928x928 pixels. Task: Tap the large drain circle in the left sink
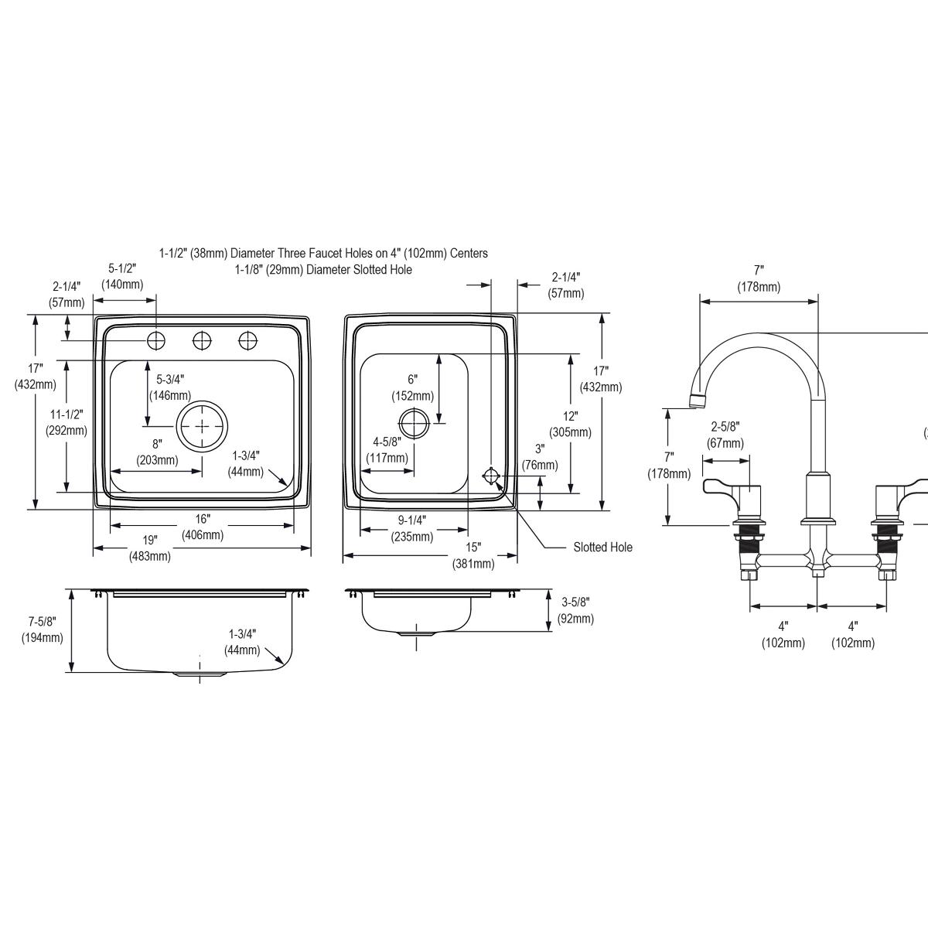203,426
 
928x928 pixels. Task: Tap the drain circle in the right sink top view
414,423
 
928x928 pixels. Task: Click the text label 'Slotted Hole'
602,548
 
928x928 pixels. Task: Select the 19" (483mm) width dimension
149,548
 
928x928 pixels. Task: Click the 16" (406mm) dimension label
203,527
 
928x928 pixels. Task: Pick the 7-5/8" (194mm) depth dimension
43,629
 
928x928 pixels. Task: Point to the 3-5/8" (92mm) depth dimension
575,610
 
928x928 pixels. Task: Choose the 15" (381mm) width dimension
473,555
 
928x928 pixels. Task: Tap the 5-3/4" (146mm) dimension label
170,387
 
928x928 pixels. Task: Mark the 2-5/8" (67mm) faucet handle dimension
725,435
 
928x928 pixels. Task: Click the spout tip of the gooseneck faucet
698,400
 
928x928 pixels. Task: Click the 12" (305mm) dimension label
570,424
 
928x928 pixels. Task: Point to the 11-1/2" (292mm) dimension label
66,422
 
